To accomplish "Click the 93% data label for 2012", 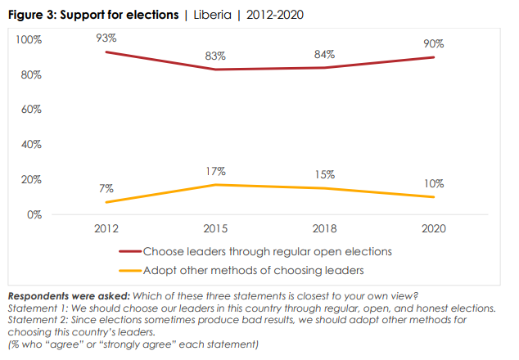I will point(106,38).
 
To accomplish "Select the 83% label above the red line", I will point(217,55).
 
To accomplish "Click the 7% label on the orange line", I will point(106,188).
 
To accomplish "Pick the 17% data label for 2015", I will point(216,171).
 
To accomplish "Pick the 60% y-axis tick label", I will point(33,110).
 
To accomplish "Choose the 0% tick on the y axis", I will point(35,215).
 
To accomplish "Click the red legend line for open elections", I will point(130,251).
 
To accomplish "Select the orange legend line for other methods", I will point(130,269).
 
